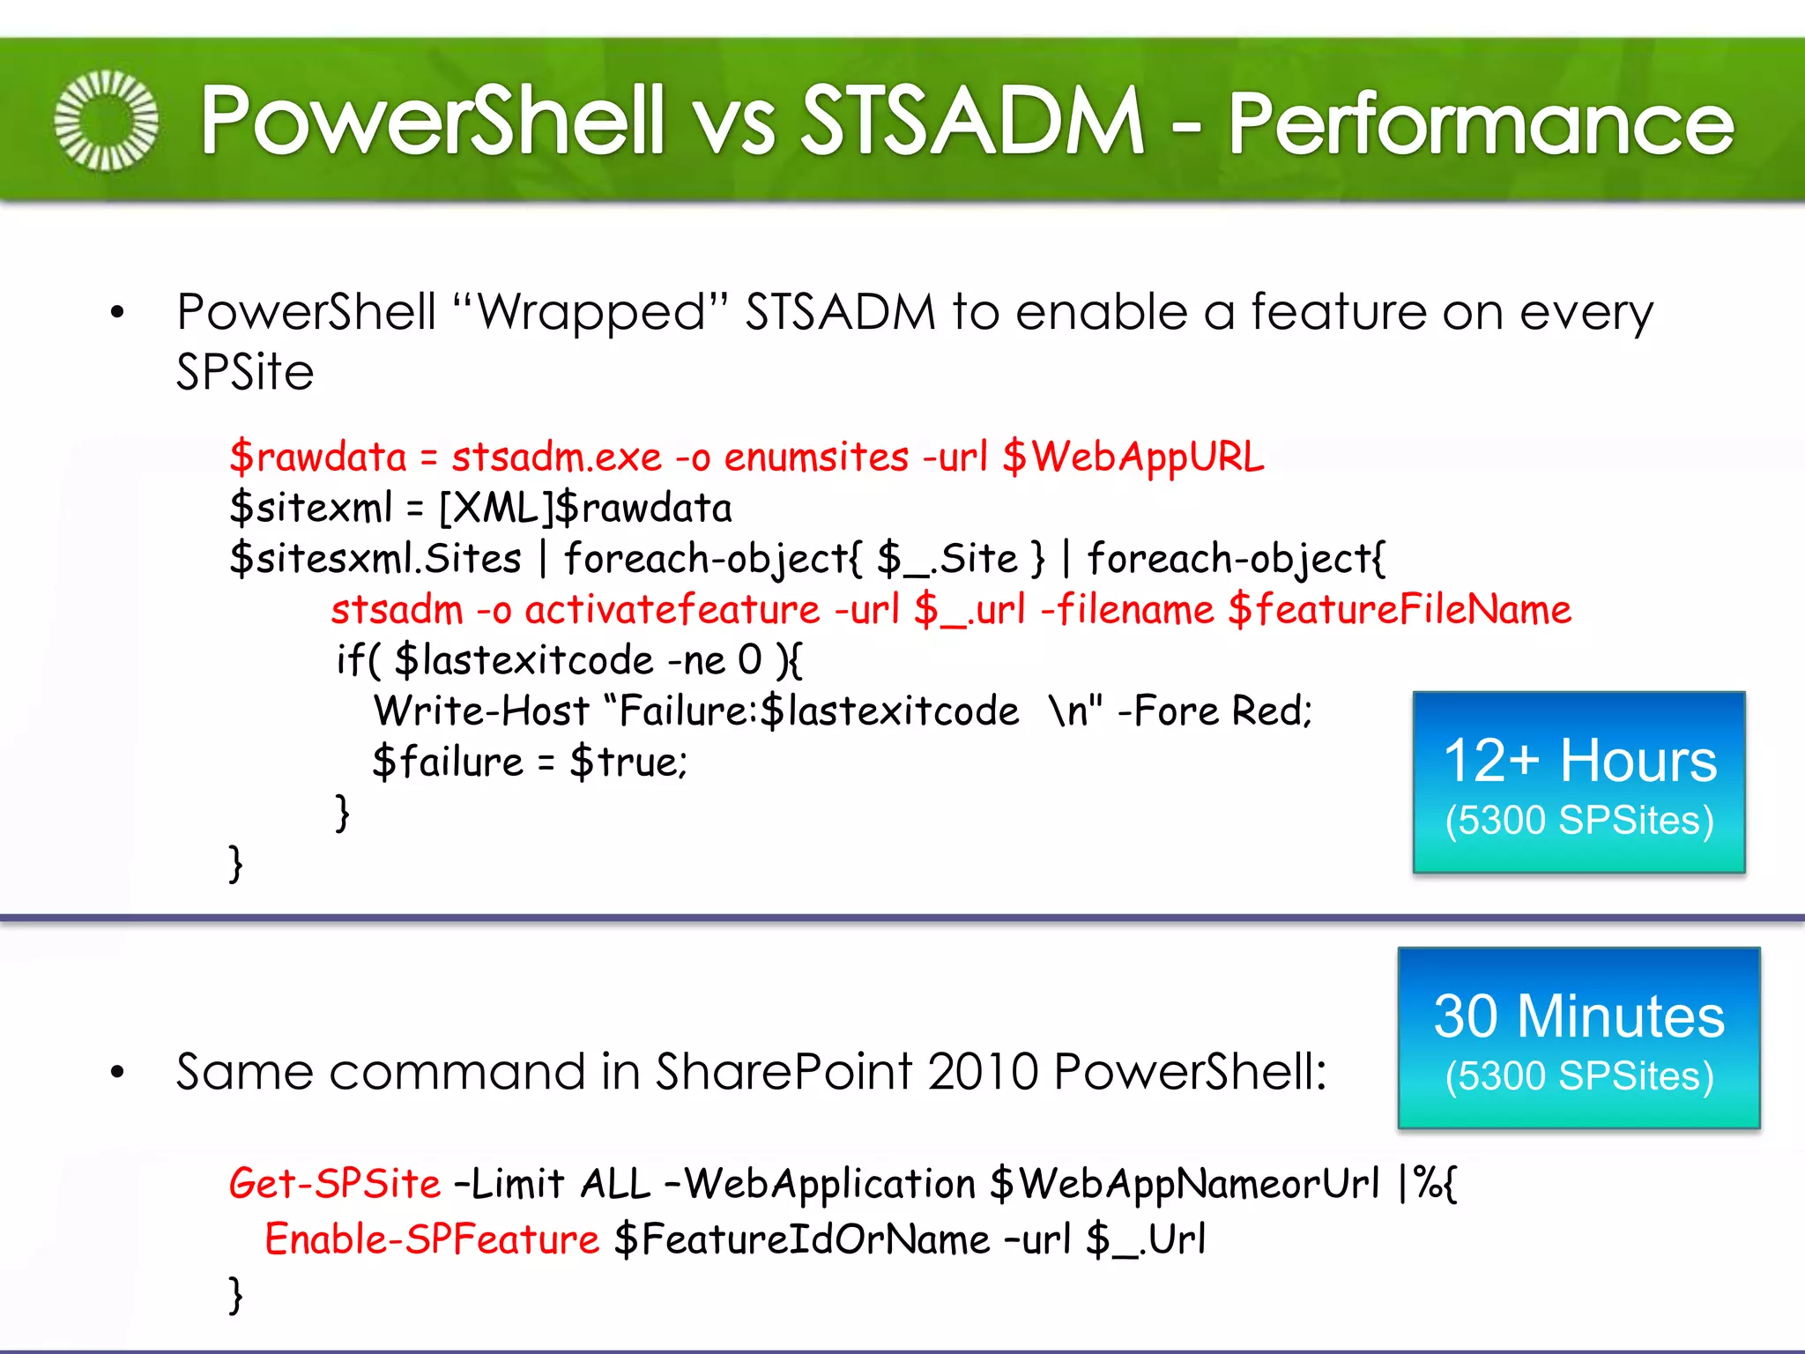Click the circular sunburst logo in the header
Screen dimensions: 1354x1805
106,120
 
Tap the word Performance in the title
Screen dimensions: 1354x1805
1481,123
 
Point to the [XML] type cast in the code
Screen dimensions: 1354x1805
498,508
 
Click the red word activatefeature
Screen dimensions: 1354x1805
672,610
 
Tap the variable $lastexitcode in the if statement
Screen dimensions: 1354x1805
524,660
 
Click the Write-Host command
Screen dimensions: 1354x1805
481,710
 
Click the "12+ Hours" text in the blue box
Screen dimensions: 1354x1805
1579,760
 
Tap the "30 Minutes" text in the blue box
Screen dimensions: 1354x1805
1578,1015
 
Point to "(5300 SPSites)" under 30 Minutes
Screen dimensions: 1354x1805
1578,1076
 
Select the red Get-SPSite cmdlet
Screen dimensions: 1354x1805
334,1183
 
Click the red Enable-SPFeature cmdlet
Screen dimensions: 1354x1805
432,1239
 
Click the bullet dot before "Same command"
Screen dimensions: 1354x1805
117,1073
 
